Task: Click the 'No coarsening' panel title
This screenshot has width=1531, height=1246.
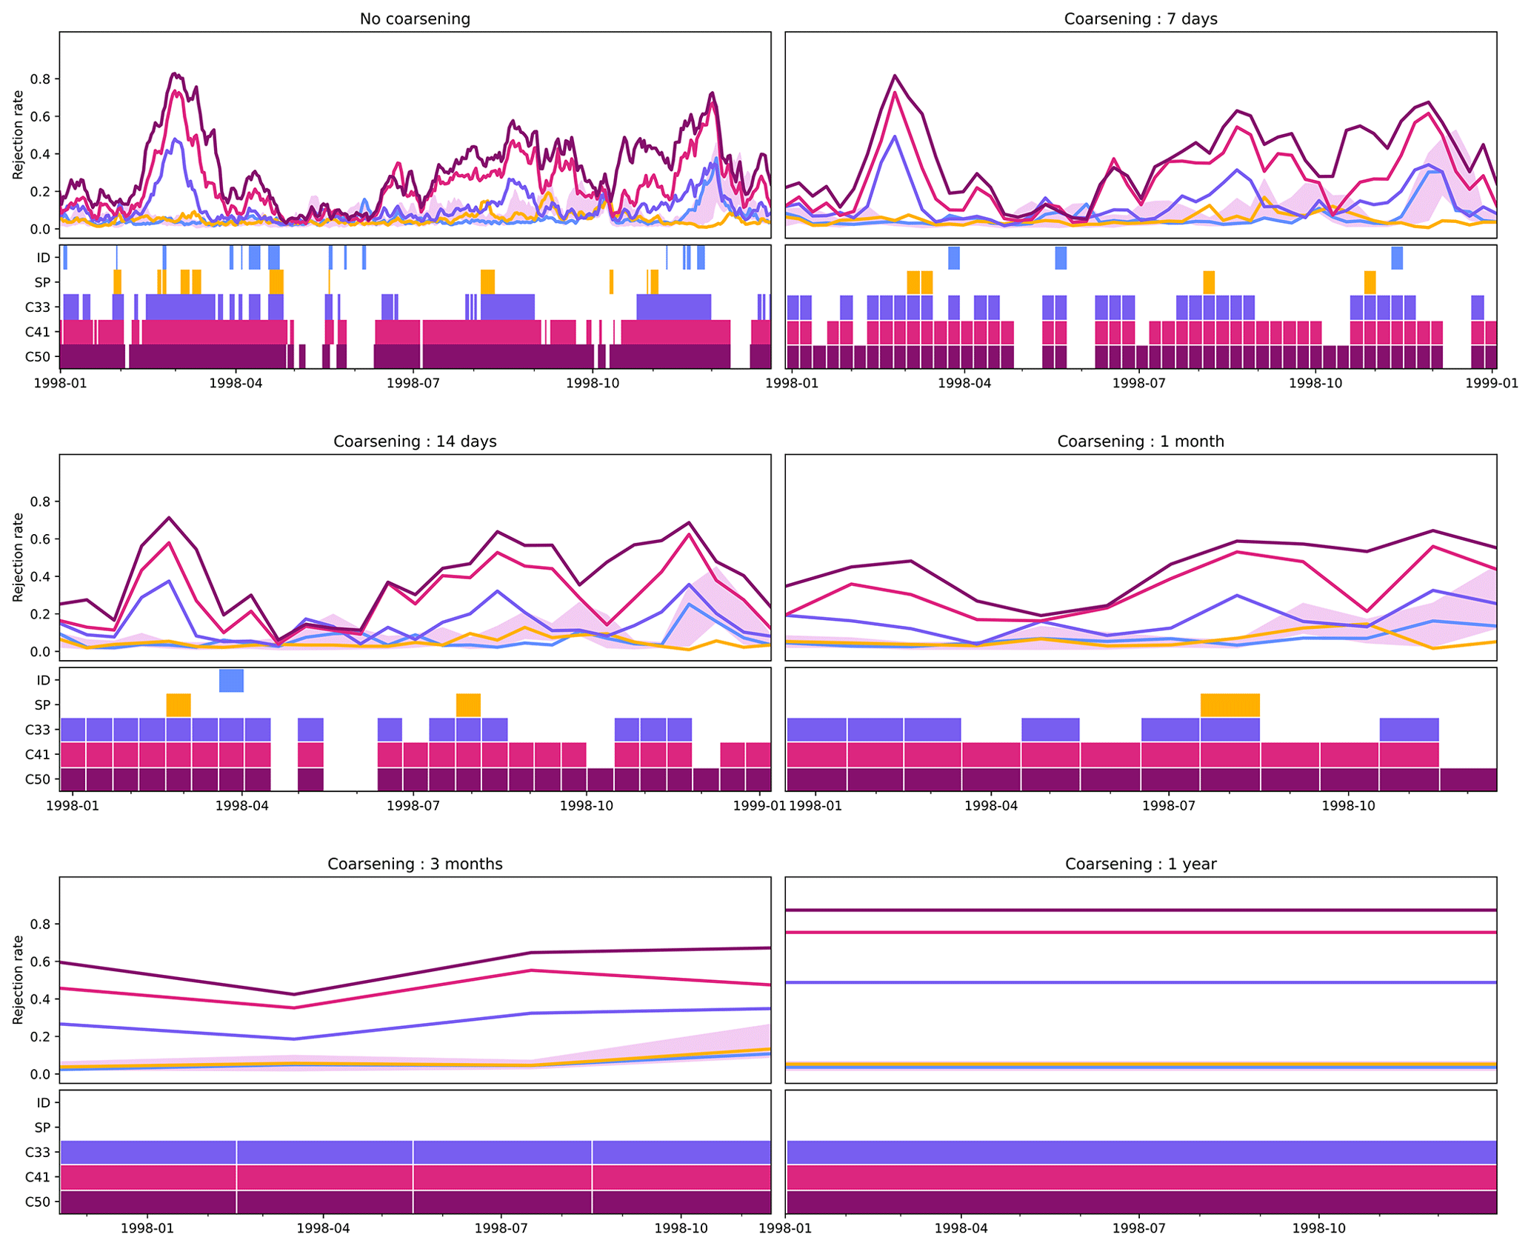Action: [x=415, y=19]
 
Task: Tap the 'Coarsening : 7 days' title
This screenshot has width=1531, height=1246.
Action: [x=1140, y=19]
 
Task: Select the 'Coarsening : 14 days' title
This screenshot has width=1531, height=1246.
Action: [x=415, y=442]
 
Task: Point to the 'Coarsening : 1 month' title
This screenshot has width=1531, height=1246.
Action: [x=1140, y=442]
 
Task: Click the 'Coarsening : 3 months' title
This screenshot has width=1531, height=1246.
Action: [x=415, y=864]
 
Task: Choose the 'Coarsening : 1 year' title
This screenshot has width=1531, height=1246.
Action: [x=1140, y=864]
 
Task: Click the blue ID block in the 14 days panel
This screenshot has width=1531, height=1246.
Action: [x=231, y=680]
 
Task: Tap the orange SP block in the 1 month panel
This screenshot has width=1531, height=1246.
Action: [x=1230, y=704]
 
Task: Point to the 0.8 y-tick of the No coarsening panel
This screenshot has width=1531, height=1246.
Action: [x=39, y=79]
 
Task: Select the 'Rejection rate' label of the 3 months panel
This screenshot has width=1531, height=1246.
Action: [x=19, y=979]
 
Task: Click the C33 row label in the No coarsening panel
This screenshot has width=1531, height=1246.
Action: [x=37, y=307]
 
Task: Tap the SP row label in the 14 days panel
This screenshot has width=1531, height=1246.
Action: [x=42, y=704]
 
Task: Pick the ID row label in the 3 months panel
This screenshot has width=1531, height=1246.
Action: [x=44, y=1102]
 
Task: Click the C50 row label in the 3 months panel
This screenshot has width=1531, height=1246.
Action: [x=37, y=1202]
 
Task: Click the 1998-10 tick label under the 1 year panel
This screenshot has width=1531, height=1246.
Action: [x=1319, y=1228]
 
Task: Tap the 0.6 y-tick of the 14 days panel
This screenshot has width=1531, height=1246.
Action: [x=39, y=539]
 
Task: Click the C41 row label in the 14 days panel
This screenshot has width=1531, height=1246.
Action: [x=37, y=754]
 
